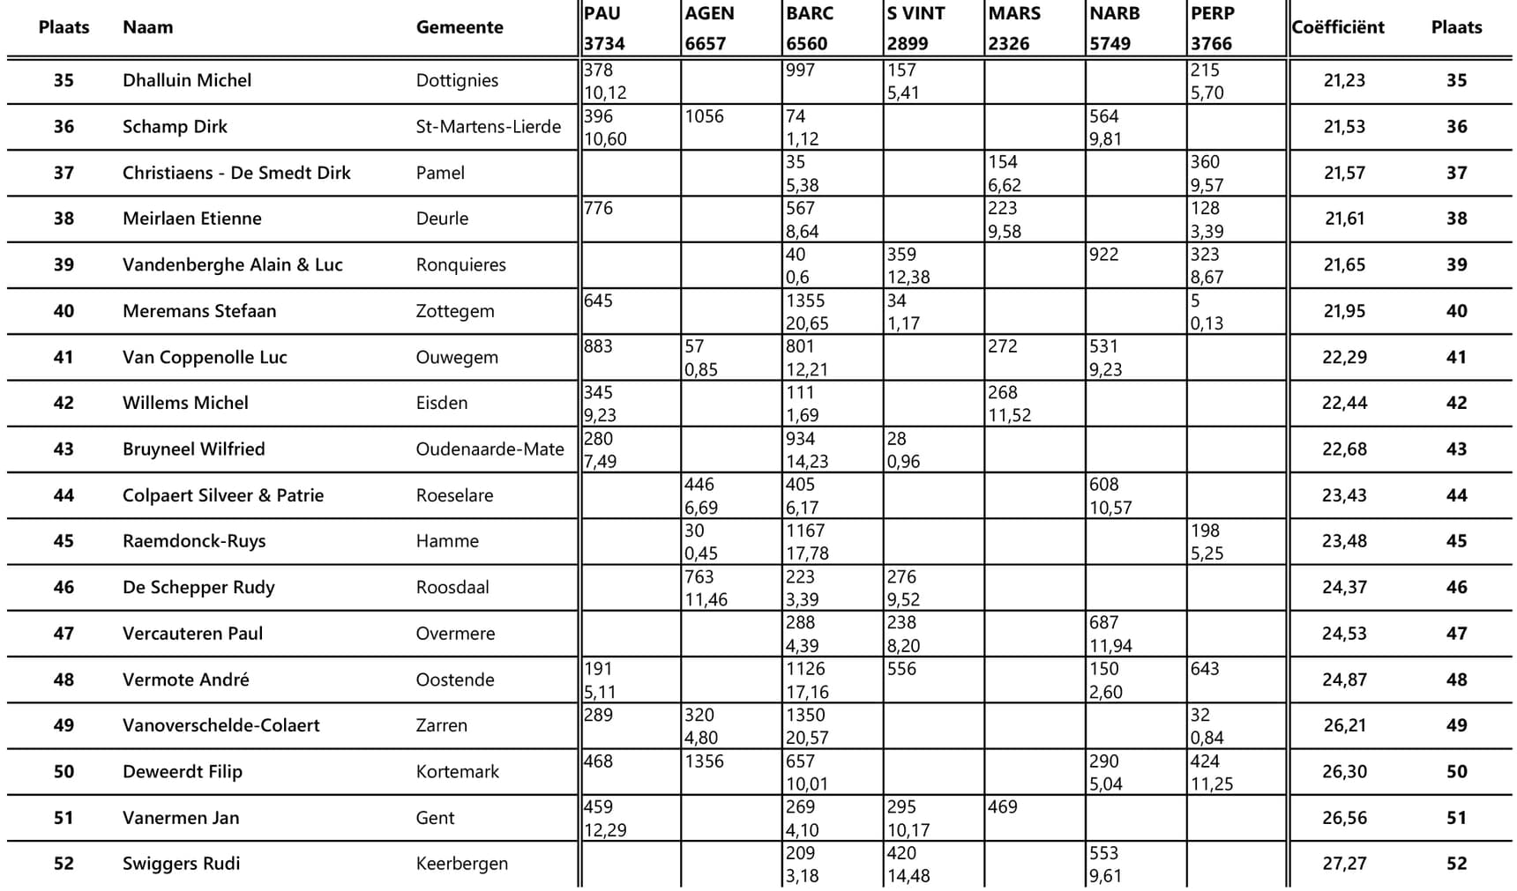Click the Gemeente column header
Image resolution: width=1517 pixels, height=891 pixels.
point(460,27)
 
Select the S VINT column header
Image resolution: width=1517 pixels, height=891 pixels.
point(915,14)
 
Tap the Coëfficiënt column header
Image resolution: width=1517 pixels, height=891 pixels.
point(1337,27)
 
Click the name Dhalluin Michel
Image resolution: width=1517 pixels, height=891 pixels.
point(187,80)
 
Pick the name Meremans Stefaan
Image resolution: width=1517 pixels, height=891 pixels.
point(199,311)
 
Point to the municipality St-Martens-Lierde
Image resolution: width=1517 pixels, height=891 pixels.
point(488,127)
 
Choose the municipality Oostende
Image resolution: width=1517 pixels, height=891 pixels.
point(455,679)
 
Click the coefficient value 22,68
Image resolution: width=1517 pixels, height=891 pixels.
point(1343,449)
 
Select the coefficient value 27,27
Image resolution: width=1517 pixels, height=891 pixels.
point(1343,864)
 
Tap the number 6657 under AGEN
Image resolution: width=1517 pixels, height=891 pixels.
point(706,44)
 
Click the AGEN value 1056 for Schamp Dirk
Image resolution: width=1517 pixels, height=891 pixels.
point(704,116)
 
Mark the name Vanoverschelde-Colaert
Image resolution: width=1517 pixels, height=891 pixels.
point(220,725)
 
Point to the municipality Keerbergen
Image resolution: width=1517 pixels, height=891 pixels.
point(461,864)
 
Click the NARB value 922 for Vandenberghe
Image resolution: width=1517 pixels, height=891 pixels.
point(1103,255)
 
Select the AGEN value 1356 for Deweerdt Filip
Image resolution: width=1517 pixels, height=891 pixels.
point(704,761)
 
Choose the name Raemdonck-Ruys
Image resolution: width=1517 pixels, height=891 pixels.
point(194,541)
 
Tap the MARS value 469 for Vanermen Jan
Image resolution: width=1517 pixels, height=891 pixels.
point(1003,807)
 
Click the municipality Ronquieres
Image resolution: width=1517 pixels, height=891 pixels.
point(460,265)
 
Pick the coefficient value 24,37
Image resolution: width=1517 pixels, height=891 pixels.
point(1343,587)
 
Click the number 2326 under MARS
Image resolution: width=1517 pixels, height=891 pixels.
point(1008,44)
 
